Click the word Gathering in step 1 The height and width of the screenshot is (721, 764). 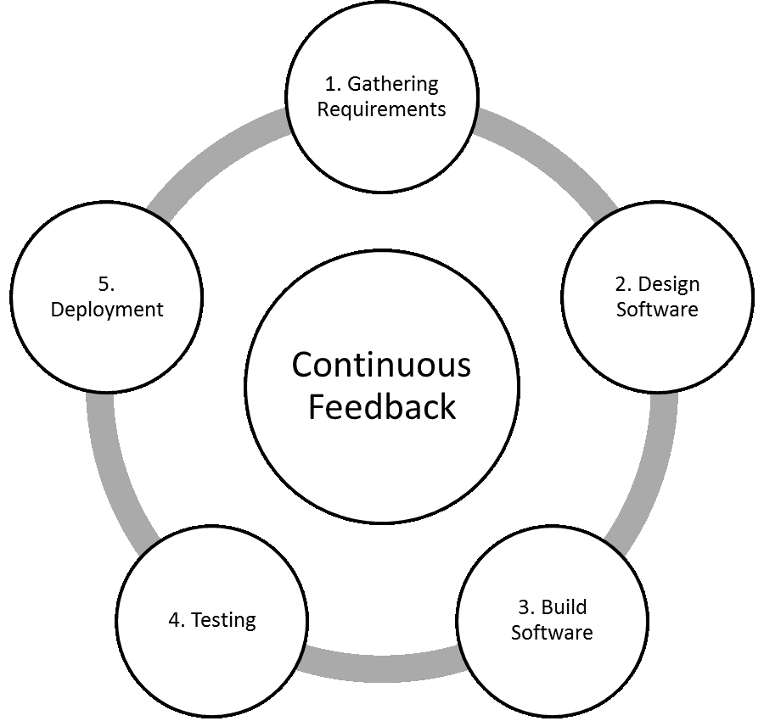click(x=393, y=84)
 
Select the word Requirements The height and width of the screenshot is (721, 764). click(x=382, y=109)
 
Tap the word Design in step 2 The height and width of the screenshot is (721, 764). click(x=669, y=284)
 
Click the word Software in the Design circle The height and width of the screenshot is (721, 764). click(x=657, y=310)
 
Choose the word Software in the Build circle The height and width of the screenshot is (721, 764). click(x=552, y=633)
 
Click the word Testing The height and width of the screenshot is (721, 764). click(x=223, y=620)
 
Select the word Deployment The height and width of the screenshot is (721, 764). click(x=107, y=310)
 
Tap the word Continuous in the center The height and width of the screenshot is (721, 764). click(x=381, y=365)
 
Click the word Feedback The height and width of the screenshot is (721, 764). click(x=381, y=407)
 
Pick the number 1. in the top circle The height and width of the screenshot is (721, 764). click(x=333, y=84)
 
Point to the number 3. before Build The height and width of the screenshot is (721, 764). click(x=526, y=607)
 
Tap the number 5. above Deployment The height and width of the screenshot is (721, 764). click(x=107, y=284)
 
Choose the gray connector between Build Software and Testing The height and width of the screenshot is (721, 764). click(x=382, y=666)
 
